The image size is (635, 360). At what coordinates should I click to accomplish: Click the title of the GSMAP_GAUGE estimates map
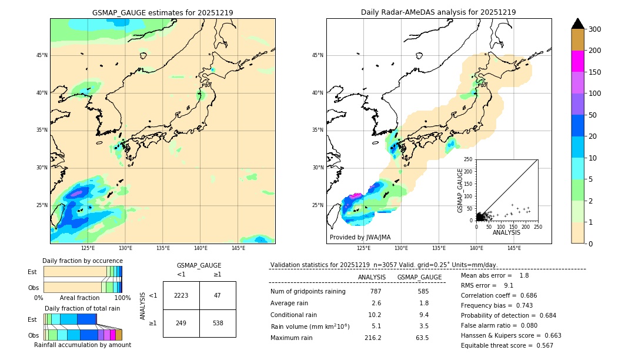[162, 12]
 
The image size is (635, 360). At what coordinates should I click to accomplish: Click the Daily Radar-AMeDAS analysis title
[439, 12]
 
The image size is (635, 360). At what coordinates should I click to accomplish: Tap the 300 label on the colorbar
[595, 29]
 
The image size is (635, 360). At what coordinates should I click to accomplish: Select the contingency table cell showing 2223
[181, 295]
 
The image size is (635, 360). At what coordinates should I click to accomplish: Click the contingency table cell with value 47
[218, 295]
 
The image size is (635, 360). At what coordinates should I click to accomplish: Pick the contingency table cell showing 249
[181, 323]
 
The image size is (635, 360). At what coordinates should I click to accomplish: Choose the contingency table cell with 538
[218, 323]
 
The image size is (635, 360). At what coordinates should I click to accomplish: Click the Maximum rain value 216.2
[373, 338]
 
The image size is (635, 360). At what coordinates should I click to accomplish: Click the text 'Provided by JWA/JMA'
[360, 237]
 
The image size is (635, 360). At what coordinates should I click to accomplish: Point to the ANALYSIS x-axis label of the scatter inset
[507, 232]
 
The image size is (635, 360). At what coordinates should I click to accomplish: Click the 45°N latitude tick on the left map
[42, 55]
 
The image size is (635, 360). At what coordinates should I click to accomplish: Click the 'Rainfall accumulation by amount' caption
[83, 345]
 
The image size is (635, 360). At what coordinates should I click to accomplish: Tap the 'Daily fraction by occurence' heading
[82, 261]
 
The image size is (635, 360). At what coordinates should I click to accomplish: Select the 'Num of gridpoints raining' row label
[308, 291]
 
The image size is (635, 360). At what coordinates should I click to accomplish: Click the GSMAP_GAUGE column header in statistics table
[419, 277]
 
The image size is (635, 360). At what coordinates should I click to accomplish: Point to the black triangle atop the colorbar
[578, 24]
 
